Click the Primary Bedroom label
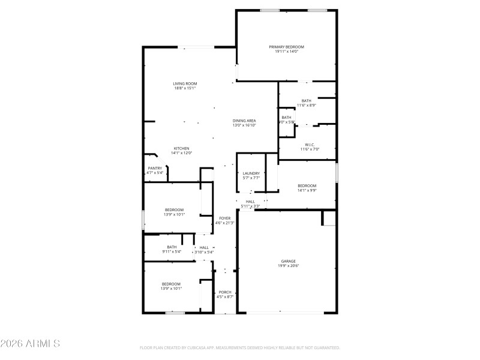pos(286,47)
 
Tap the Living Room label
pos(185,83)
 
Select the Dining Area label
pos(244,121)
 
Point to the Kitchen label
pos(182,148)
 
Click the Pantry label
pos(155,168)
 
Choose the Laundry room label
pos(251,173)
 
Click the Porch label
pos(224,292)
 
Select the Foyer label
pos(224,218)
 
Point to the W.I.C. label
pos(310,144)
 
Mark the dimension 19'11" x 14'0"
pos(286,52)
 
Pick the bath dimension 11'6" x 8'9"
pos(306,105)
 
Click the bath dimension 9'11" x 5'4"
pos(172,251)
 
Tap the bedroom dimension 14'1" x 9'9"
pos(307,190)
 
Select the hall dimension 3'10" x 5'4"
pos(204,252)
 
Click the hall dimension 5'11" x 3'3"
pos(250,206)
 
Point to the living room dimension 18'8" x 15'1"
pos(185,88)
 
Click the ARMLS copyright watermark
pos(30,344)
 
